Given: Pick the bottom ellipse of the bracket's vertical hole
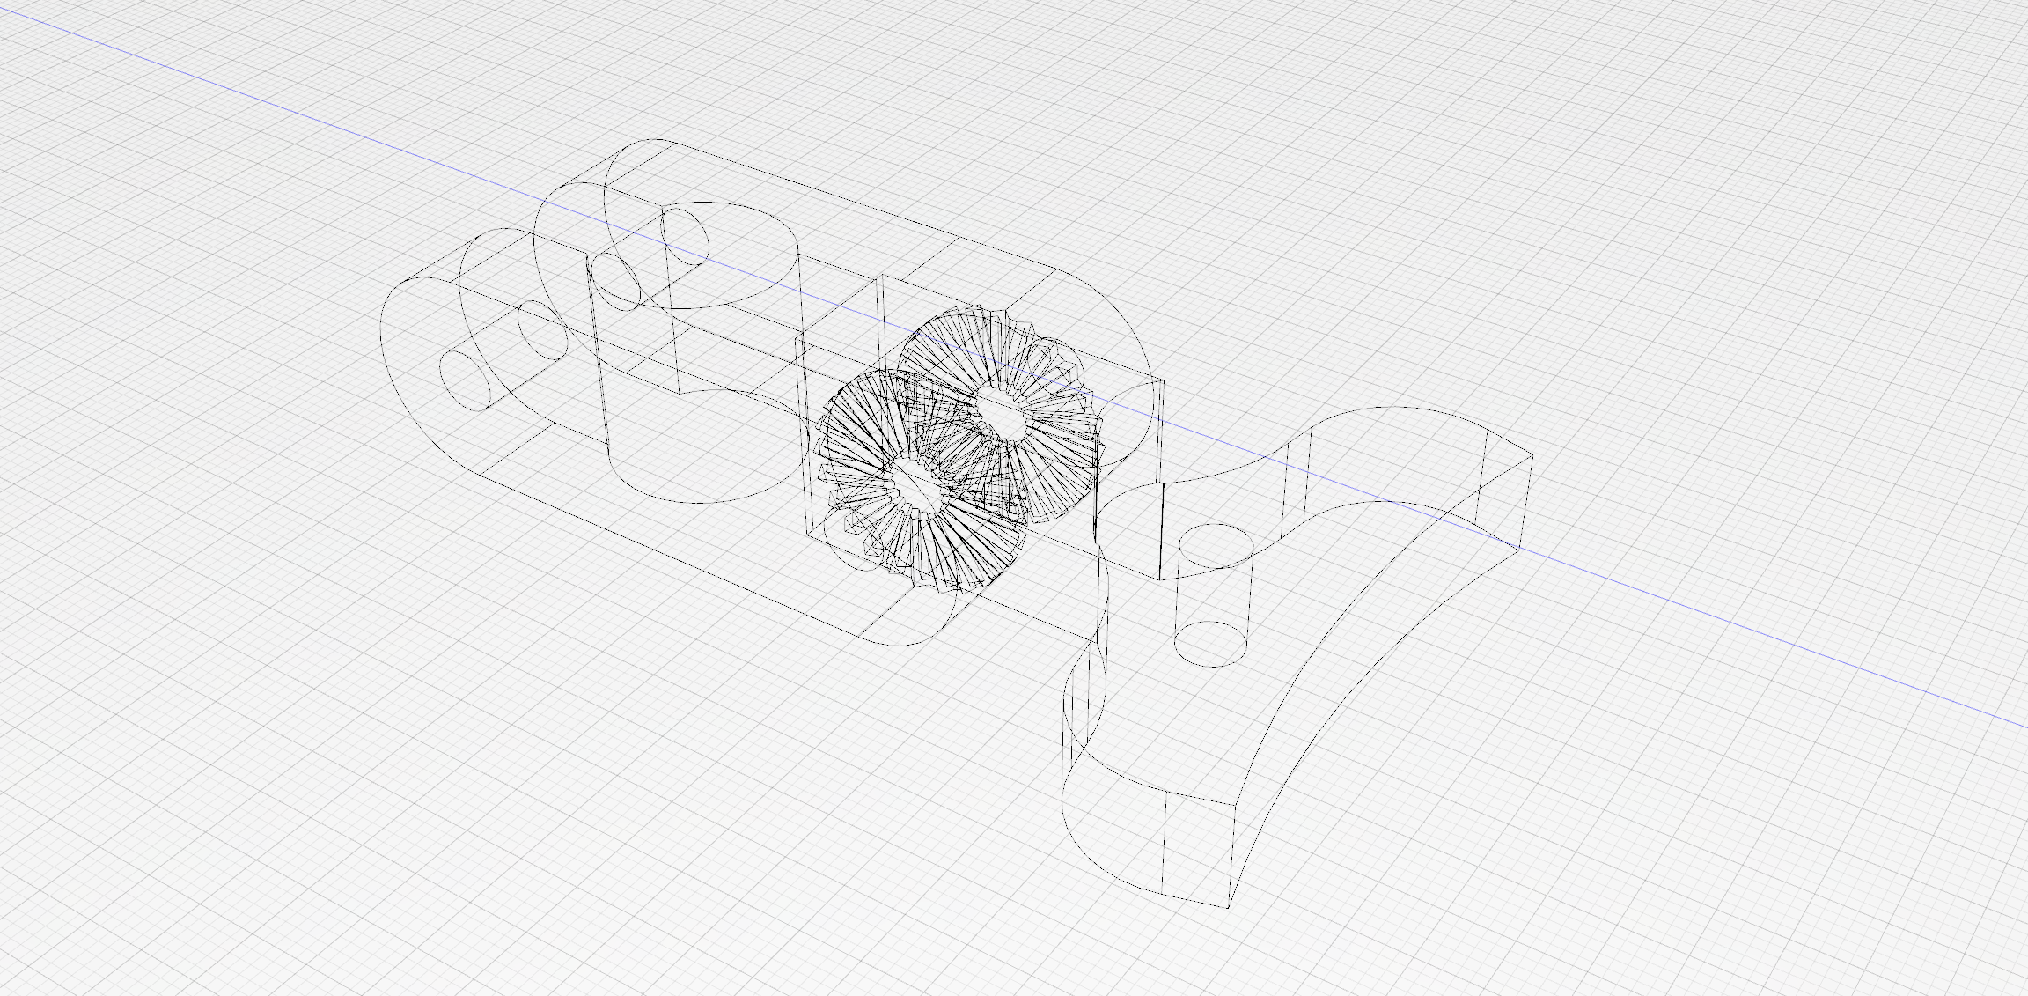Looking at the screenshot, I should [x=1211, y=644].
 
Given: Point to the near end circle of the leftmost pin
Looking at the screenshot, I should [x=465, y=379].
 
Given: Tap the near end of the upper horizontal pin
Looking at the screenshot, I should [x=616, y=280].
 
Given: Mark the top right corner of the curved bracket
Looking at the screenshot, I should [x=1532, y=455].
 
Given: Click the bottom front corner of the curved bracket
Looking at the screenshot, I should [x=1228, y=906].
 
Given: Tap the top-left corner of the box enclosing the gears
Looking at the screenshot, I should [x=797, y=338].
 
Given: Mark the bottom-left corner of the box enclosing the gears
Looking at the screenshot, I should [x=809, y=532].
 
